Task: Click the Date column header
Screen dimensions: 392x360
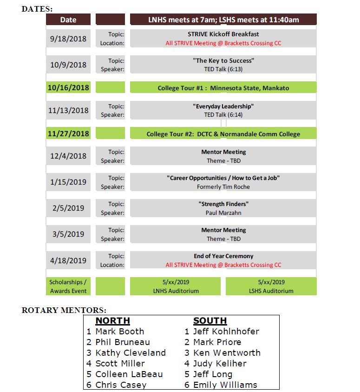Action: pyautogui.click(x=68, y=20)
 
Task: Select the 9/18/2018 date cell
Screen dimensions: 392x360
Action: pyautogui.click(x=68, y=39)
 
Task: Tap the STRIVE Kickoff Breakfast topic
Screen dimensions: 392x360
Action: pyautogui.click(x=223, y=34)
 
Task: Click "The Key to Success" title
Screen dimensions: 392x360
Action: pyautogui.click(x=223, y=60)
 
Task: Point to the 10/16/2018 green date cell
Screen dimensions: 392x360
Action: pyautogui.click(x=68, y=87)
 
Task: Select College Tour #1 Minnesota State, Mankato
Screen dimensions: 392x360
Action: pyautogui.click(x=223, y=88)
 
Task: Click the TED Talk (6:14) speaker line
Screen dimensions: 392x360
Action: pyautogui.click(x=223, y=115)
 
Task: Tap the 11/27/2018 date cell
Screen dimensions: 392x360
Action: pyautogui.click(x=68, y=133)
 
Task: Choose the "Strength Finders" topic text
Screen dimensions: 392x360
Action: pyautogui.click(x=223, y=204)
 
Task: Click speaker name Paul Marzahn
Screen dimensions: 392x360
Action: pyautogui.click(x=223, y=213)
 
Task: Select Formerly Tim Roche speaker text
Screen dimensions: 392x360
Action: pyautogui.click(x=223, y=186)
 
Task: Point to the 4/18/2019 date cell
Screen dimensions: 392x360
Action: pyautogui.click(x=68, y=260)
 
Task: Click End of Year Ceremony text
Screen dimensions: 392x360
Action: pyautogui.click(x=223, y=256)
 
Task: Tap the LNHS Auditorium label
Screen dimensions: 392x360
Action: pyautogui.click(x=176, y=291)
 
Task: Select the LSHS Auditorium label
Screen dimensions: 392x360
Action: pyautogui.click(x=271, y=291)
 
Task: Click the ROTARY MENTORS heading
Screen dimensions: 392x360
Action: pyautogui.click(x=64, y=310)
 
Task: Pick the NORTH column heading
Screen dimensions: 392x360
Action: pyautogui.click(x=112, y=321)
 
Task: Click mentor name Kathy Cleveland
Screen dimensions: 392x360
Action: pyautogui.click(x=130, y=352)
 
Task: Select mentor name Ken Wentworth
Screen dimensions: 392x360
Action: pyautogui.click(x=227, y=352)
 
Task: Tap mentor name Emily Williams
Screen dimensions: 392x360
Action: pyautogui.click(x=225, y=385)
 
